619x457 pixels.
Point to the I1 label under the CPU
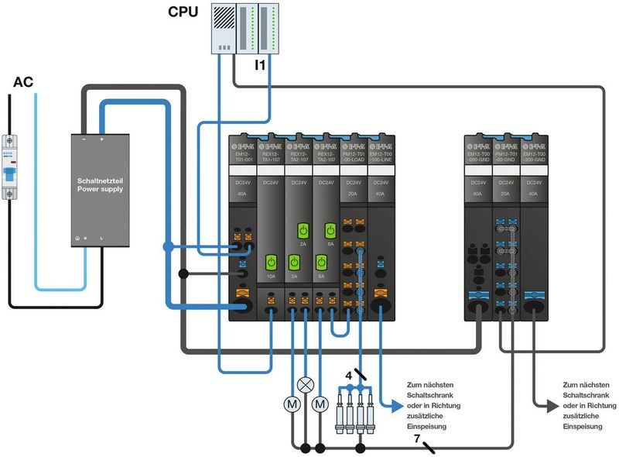tap(261, 66)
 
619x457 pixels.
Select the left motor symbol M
tap(292, 404)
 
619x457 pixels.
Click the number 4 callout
tap(349, 375)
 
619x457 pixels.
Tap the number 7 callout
tap(416, 439)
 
